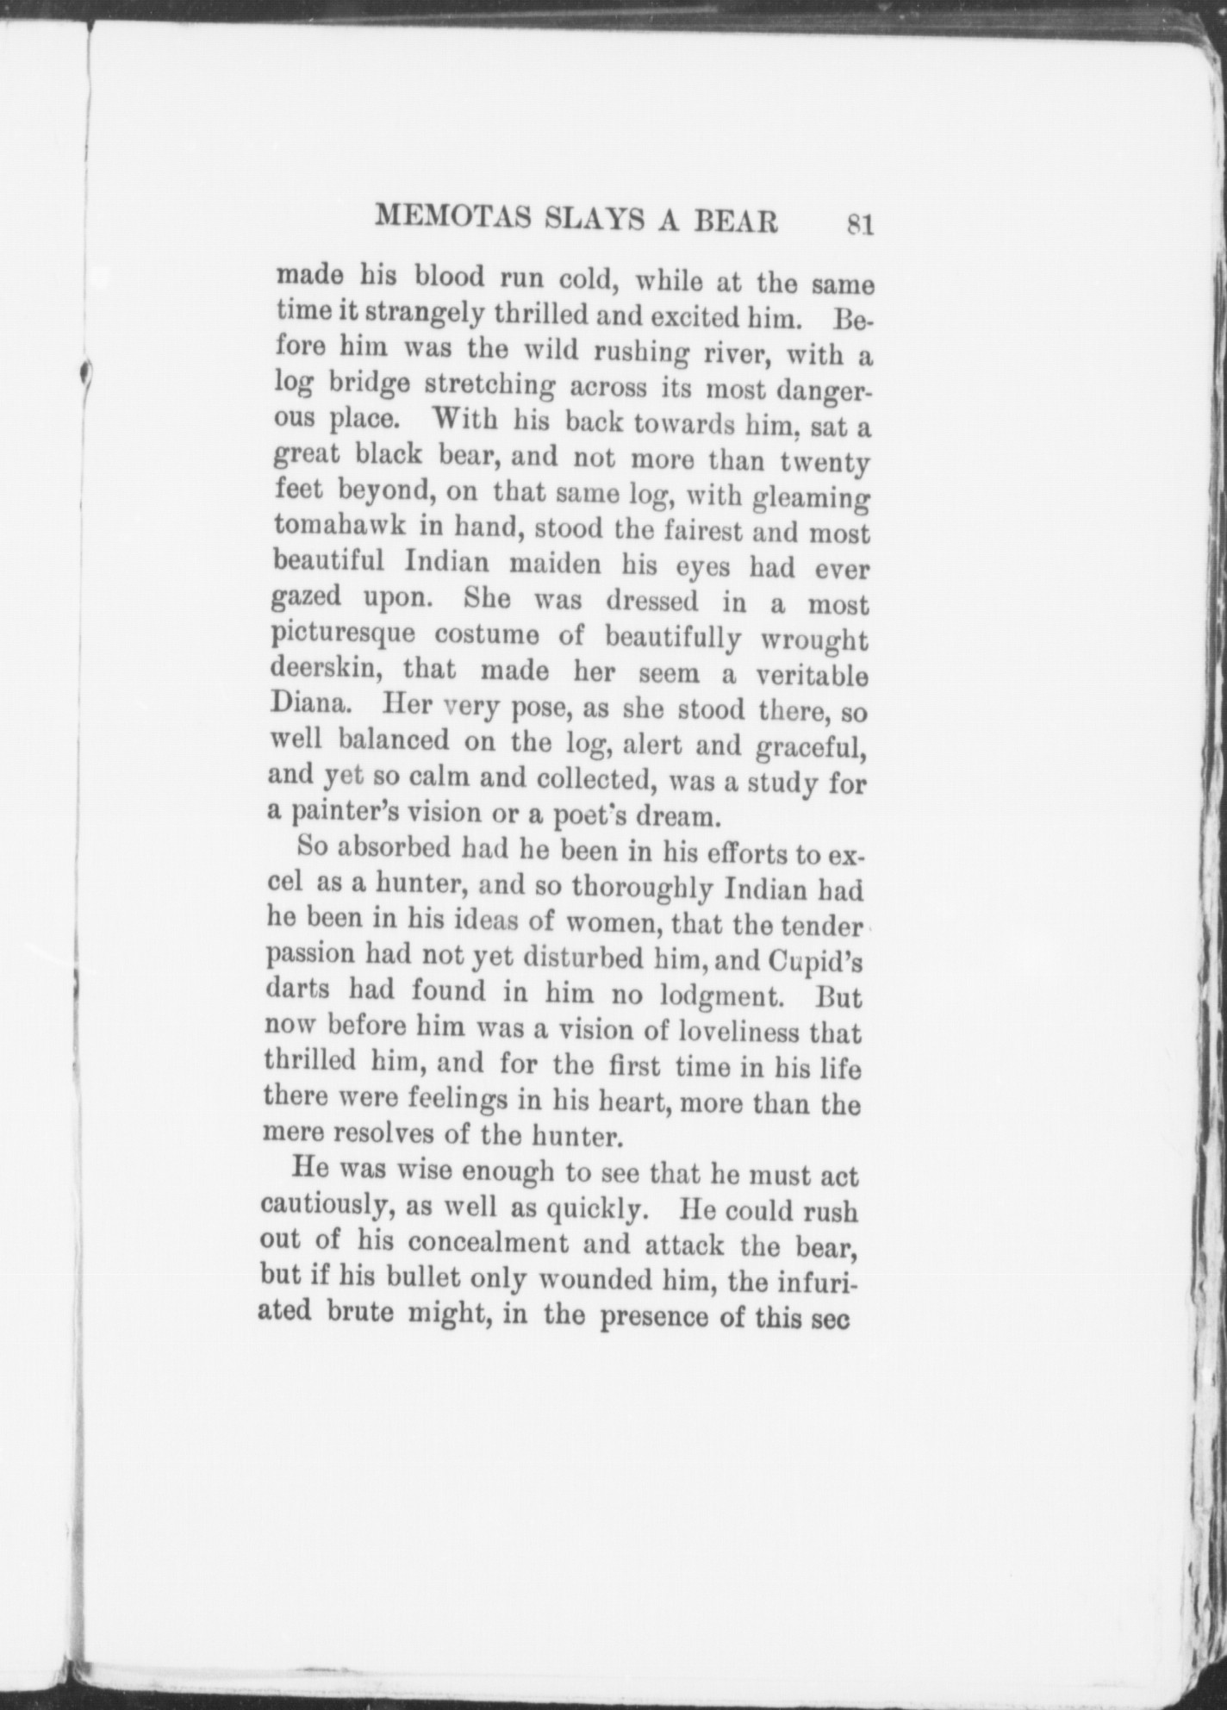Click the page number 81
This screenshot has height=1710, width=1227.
point(861,224)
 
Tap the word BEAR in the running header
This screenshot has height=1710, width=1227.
point(735,222)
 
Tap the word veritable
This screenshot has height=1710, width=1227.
point(811,672)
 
